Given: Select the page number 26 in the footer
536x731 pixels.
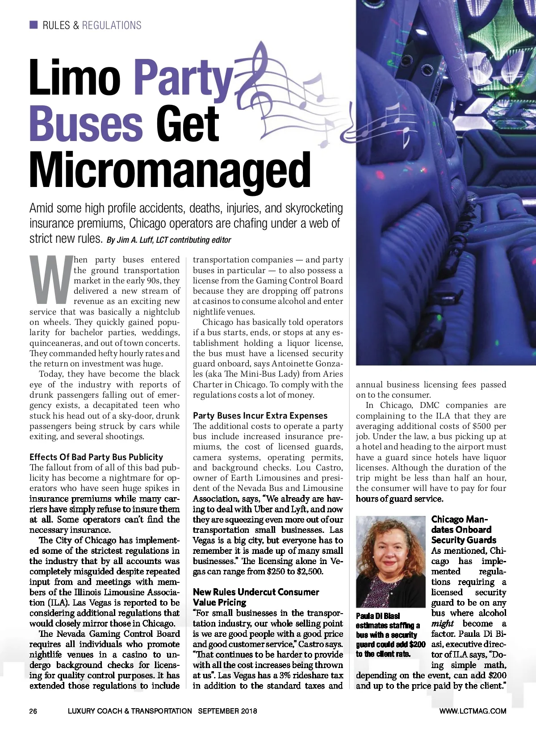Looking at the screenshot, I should click(33, 711).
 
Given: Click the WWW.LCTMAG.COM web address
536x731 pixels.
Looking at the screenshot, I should click(473, 711).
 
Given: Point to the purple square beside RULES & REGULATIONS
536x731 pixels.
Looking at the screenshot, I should click(33, 25).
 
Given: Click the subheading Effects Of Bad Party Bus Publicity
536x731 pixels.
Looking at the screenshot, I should click(96, 457).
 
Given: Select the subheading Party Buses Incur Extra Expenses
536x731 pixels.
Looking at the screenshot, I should click(260, 415).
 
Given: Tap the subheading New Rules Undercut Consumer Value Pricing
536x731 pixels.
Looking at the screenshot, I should click(255, 597).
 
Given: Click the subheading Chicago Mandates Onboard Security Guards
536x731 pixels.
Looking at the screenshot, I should click(463, 530).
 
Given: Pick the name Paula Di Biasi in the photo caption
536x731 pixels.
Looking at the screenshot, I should click(378, 616).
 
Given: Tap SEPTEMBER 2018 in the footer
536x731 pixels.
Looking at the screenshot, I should click(227, 711).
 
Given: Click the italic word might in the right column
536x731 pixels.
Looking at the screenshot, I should click(442, 623).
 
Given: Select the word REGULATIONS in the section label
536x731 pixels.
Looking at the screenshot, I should click(112, 25).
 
